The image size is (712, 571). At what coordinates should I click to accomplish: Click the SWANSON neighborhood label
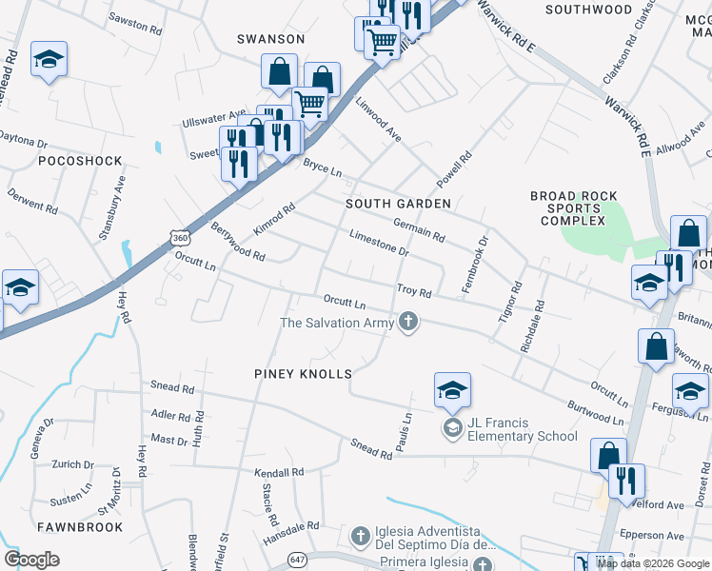(x=271, y=39)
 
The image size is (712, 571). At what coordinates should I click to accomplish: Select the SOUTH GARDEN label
(x=398, y=204)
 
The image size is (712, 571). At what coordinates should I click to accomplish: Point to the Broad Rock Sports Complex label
(x=567, y=208)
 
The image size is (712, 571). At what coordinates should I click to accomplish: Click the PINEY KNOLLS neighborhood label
(x=303, y=374)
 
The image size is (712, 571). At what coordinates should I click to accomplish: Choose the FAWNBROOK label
(x=80, y=526)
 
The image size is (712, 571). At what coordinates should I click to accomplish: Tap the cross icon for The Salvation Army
(x=408, y=322)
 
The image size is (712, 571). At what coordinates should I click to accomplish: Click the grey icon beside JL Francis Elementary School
(x=452, y=428)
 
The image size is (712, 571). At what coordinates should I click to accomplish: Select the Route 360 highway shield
(x=180, y=235)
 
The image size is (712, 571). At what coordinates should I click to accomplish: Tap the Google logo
(x=31, y=560)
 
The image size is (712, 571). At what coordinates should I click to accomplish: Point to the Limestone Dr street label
(x=378, y=243)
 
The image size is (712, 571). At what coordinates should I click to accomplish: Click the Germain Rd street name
(x=419, y=228)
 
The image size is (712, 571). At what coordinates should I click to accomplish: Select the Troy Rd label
(x=414, y=289)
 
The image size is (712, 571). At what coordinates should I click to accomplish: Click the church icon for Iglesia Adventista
(x=360, y=538)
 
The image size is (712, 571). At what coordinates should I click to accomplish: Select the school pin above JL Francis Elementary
(x=452, y=389)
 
